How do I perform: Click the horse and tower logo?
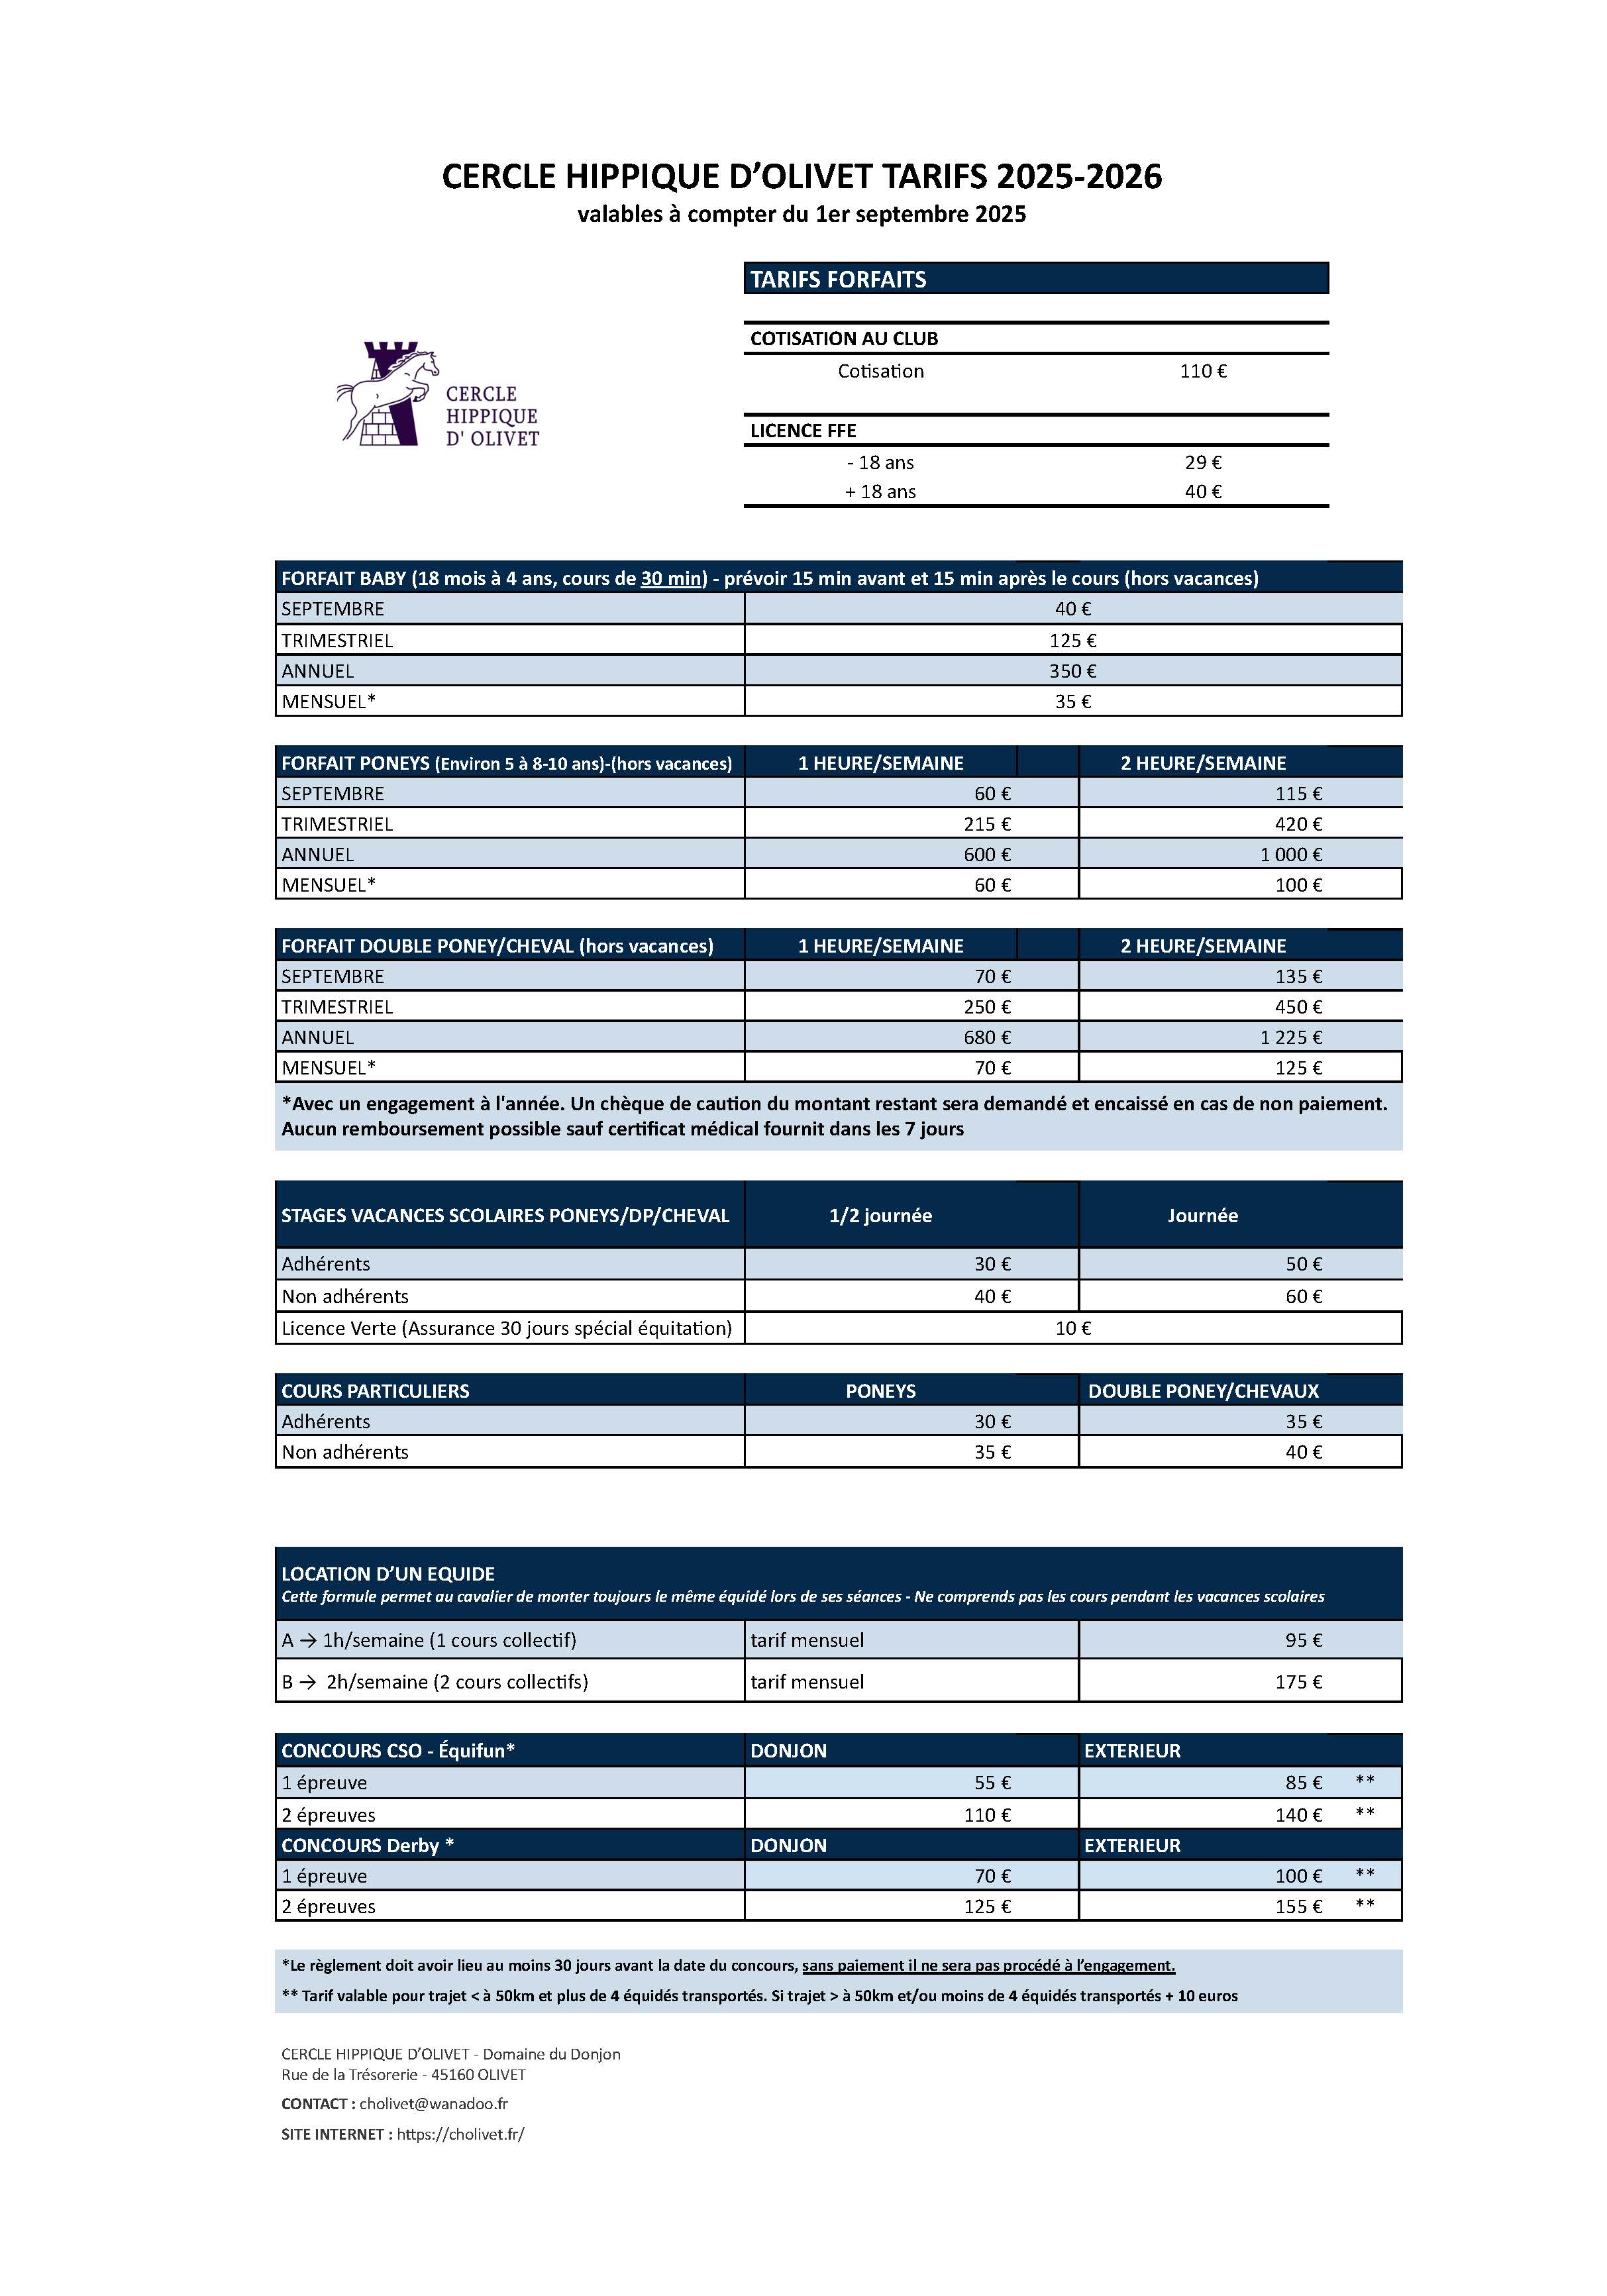pyautogui.click(x=437, y=394)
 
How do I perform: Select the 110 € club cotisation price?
pyautogui.click(x=1202, y=371)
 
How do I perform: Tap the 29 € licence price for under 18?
pyautogui.click(x=1202, y=462)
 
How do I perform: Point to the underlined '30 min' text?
pyautogui.click(x=671, y=578)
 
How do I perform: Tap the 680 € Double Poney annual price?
pyautogui.click(x=986, y=1037)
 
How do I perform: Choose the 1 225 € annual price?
pyautogui.click(x=1290, y=1037)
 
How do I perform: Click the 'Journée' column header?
pyautogui.click(x=1202, y=1215)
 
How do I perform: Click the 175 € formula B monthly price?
pyautogui.click(x=1298, y=1682)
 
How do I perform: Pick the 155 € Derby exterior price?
pyautogui.click(x=1298, y=1906)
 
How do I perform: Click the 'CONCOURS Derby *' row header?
pyautogui.click(x=367, y=1845)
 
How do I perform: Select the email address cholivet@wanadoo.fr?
pyautogui.click(x=433, y=2103)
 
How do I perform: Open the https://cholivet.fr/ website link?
pyautogui.click(x=460, y=2134)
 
